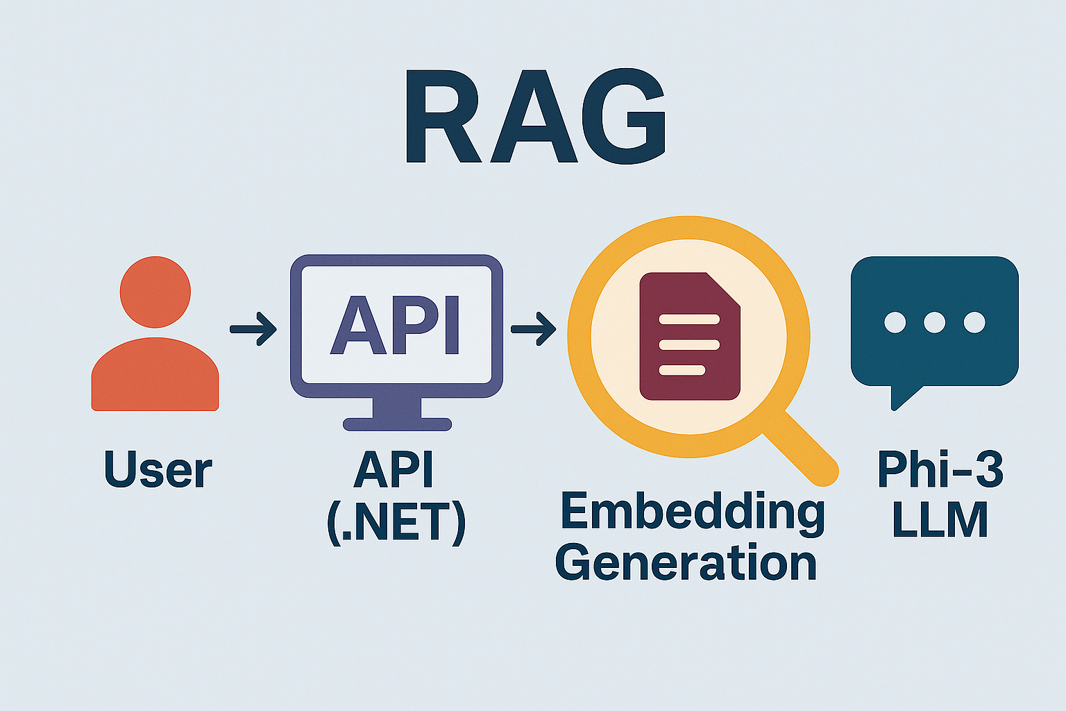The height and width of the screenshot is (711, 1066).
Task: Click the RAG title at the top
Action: click(x=535, y=116)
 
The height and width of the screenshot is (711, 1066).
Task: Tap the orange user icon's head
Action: click(x=155, y=292)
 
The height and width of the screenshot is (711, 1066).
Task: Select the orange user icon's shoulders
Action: click(x=155, y=374)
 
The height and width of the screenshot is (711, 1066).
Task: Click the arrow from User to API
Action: click(x=253, y=329)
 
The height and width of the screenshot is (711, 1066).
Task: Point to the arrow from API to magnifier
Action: click(x=534, y=329)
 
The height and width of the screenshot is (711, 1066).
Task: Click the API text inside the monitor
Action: click(x=395, y=325)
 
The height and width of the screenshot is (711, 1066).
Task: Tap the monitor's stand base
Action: click(x=398, y=424)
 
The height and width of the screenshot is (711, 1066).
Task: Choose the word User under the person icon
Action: click(x=158, y=469)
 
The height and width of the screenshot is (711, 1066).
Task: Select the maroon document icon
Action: click(x=690, y=336)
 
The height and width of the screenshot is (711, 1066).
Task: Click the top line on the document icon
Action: click(x=689, y=319)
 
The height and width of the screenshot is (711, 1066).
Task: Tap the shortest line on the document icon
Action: click(x=682, y=370)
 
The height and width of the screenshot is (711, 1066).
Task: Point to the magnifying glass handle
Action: click(x=800, y=449)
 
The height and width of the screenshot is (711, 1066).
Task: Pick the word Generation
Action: click(x=686, y=562)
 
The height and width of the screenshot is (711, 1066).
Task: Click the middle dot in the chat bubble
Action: click(x=934, y=322)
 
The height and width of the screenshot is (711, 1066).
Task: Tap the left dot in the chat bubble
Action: click(x=895, y=322)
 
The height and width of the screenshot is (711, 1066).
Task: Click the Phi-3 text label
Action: click(x=940, y=469)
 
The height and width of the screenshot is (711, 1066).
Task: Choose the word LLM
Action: click(x=940, y=520)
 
